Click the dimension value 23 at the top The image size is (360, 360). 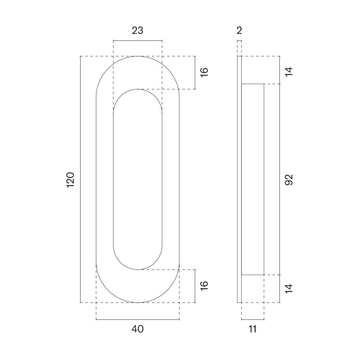138,30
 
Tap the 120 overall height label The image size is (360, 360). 71,180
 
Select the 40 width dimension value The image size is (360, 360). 138,329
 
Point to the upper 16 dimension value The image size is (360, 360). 204,72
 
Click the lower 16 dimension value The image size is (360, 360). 204,286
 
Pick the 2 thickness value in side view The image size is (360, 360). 239,30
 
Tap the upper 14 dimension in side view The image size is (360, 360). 289,72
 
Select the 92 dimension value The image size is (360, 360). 289,180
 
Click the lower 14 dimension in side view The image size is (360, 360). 289,288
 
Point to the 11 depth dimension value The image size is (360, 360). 252,329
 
